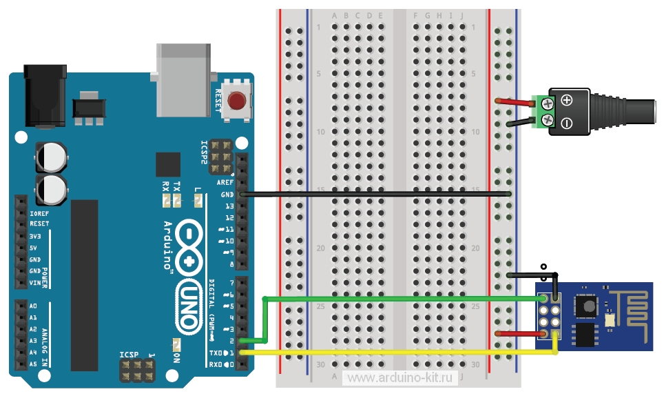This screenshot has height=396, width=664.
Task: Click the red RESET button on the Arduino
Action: pyautogui.click(x=237, y=101)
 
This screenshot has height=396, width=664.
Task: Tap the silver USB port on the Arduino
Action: pyautogui.click(x=183, y=79)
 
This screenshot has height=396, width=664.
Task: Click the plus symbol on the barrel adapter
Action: pyautogui.click(x=567, y=100)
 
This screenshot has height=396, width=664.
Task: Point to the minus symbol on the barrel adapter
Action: pyautogui.click(x=567, y=123)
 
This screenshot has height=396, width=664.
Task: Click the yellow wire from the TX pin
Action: pyautogui.click(x=400, y=353)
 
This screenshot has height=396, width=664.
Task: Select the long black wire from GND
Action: pyautogui.click(x=379, y=194)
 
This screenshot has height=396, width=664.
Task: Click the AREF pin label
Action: pyautogui.click(x=225, y=182)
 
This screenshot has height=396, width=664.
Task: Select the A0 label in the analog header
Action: pyautogui.click(x=33, y=306)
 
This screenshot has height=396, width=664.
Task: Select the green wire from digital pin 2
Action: pyautogui.click(x=400, y=298)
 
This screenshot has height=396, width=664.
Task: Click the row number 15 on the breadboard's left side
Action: pyautogui.click(x=320, y=190)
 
